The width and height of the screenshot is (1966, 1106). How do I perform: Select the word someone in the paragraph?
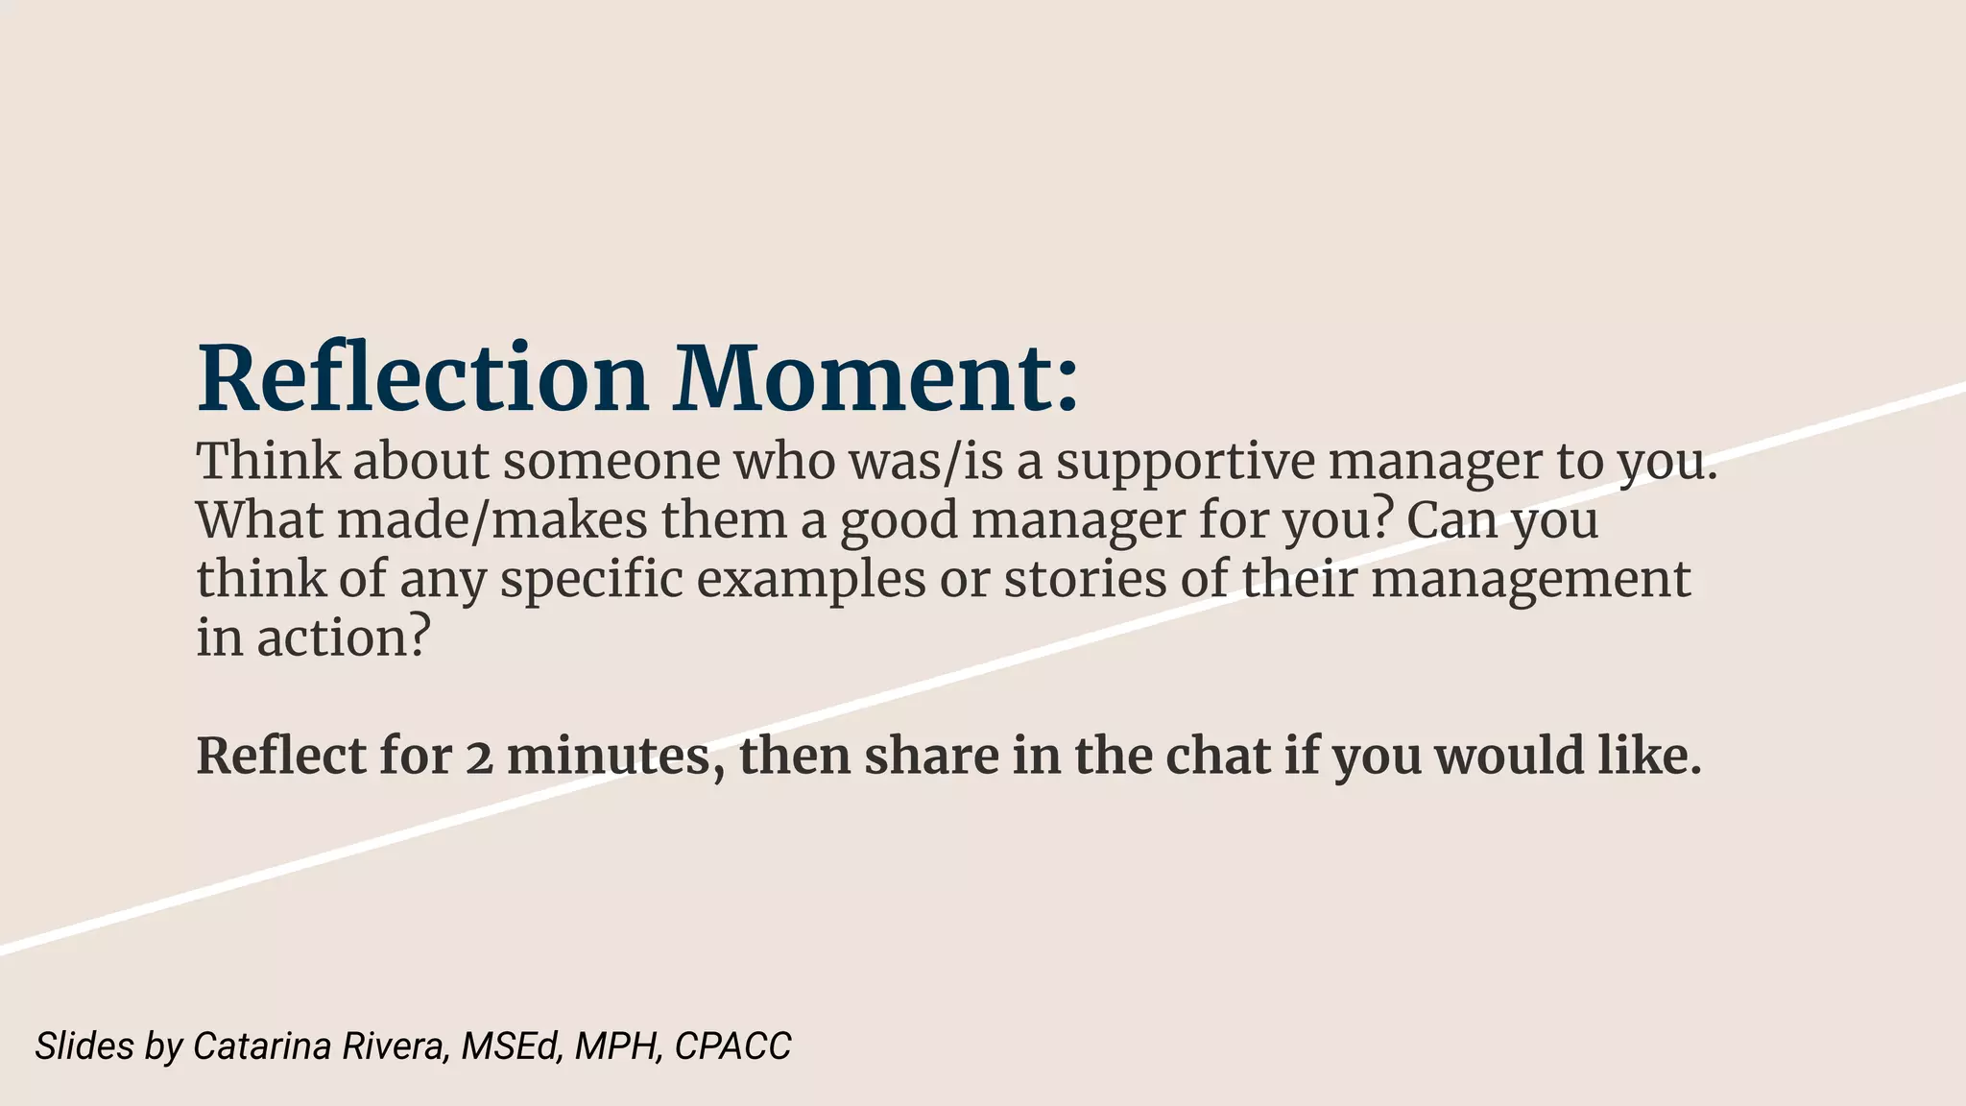point(611,461)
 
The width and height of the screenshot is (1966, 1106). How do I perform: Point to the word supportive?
point(1186,461)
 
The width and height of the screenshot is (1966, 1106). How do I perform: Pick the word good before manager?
point(899,520)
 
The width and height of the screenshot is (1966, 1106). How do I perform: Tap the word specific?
point(590,580)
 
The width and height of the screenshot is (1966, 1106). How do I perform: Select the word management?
point(1530,580)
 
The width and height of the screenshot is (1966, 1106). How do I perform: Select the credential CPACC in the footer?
point(732,1046)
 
